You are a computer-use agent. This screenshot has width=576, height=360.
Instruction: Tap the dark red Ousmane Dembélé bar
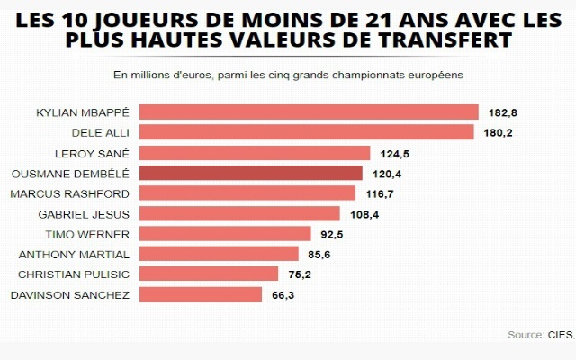(x=252, y=173)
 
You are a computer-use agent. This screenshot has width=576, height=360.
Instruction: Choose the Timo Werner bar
(x=226, y=234)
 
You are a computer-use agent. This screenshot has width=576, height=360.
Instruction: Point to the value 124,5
(x=394, y=153)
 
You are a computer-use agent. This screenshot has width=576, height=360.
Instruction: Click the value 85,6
(x=320, y=255)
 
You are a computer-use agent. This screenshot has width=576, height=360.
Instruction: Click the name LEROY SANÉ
(x=93, y=153)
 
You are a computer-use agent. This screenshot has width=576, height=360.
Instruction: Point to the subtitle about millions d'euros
(x=288, y=75)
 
